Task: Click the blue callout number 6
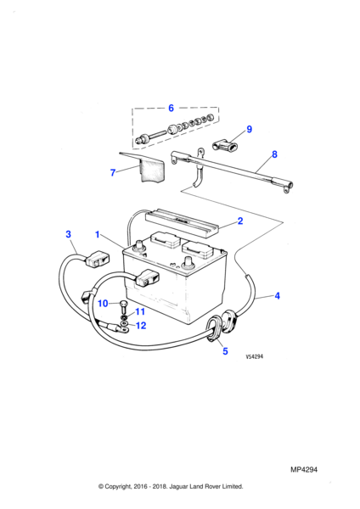tap(171, 108)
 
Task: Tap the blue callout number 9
tap(250, 129)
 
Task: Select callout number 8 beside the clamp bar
tap(274, 154)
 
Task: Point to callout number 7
tap(113, 172)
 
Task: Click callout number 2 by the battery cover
tap(240, 221)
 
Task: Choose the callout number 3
tap(68, 234)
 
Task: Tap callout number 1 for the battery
tap(97, 234)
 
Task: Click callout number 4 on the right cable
tap(277, 296)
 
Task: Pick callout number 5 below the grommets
tap(225, 351)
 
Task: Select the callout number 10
tap(103, 303)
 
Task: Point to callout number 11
tap(140, 311)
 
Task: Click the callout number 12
tap(141, 325)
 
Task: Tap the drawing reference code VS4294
tap(255, 356)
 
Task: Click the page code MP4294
tap(304, 469)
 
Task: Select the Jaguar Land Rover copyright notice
tap(171, 486)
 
